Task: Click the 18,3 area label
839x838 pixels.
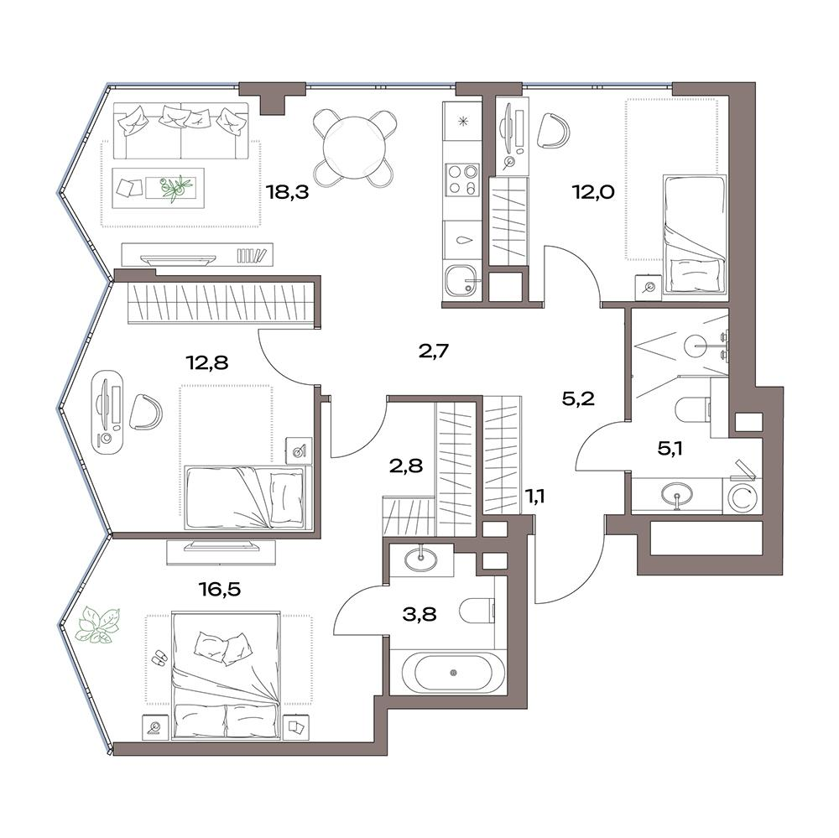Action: (x=288, y=191)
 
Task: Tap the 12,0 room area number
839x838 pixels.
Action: (x=593, y=191)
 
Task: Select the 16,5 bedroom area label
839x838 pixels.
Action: (x=219, y=589)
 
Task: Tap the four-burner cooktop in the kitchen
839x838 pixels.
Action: (x=463, y=180)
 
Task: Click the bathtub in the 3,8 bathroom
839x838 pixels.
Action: (x=453, y=672)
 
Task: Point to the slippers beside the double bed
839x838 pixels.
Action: (x=159, y=657)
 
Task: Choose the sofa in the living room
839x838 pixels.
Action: (x=181, y=131)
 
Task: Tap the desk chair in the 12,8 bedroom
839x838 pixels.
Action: (x=145, y=412)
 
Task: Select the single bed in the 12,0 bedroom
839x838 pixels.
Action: (x=695, y=233)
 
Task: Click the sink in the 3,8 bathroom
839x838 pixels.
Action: (x=420, y=560)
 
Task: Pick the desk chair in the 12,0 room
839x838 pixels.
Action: (x=552, y=130)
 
